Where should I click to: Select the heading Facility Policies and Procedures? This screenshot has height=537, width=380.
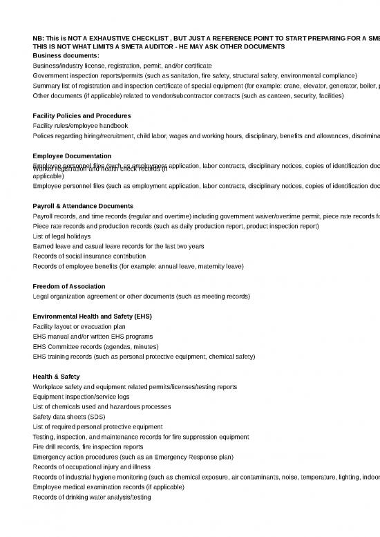tap(82, 115)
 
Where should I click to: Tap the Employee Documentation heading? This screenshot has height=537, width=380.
tap(72, 156)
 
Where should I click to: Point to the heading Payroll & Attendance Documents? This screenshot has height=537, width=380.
tap(83, 207)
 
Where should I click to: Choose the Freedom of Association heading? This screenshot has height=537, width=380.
tap(69, 286)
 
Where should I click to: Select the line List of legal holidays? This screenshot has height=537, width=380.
tap(62, 236)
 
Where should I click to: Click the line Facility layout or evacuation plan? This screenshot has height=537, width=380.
tap(79, 326)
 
